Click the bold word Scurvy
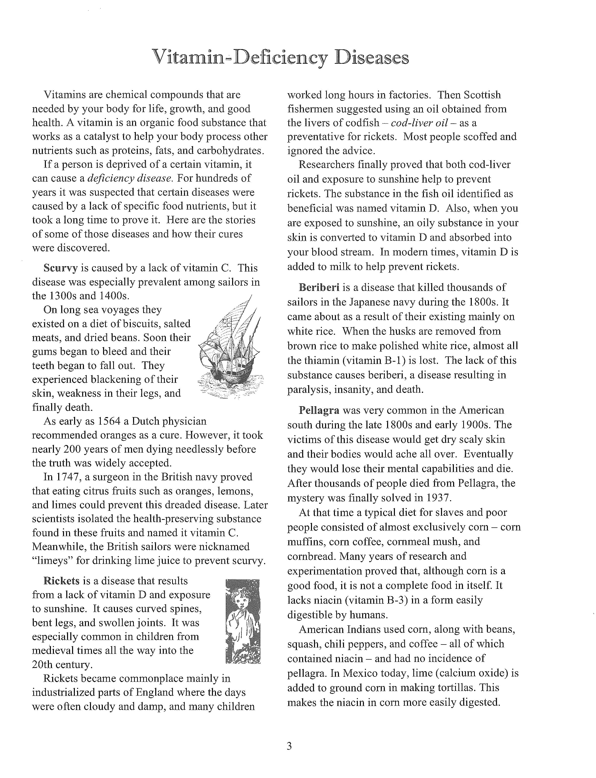(60, 268)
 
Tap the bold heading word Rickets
(61, 581)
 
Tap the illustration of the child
(243, 621)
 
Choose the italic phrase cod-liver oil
(421, 123)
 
